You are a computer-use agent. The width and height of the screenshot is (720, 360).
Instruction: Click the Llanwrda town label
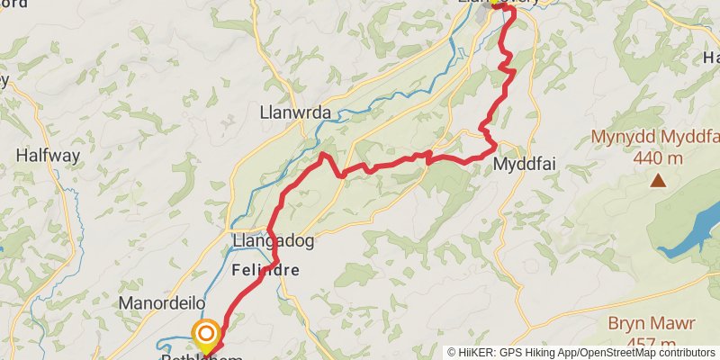(x=294, y=112)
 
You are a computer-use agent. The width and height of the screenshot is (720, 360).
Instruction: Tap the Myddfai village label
(x=522, y=166)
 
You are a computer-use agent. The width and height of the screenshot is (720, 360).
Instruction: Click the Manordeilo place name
(x=163, y=303)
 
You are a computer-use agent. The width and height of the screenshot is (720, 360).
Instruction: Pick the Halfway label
(x=48, y=155)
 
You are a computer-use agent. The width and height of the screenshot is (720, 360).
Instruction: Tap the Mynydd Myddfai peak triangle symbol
(x=659, y=182)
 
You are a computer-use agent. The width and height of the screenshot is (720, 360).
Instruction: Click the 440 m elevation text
(x=658, y=157)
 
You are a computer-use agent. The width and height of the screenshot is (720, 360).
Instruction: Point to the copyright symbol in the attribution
(x=453, y=353)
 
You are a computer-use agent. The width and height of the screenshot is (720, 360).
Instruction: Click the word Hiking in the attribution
(x=538, y=353)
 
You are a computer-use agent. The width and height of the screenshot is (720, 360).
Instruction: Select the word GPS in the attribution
(x=511, y=353)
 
